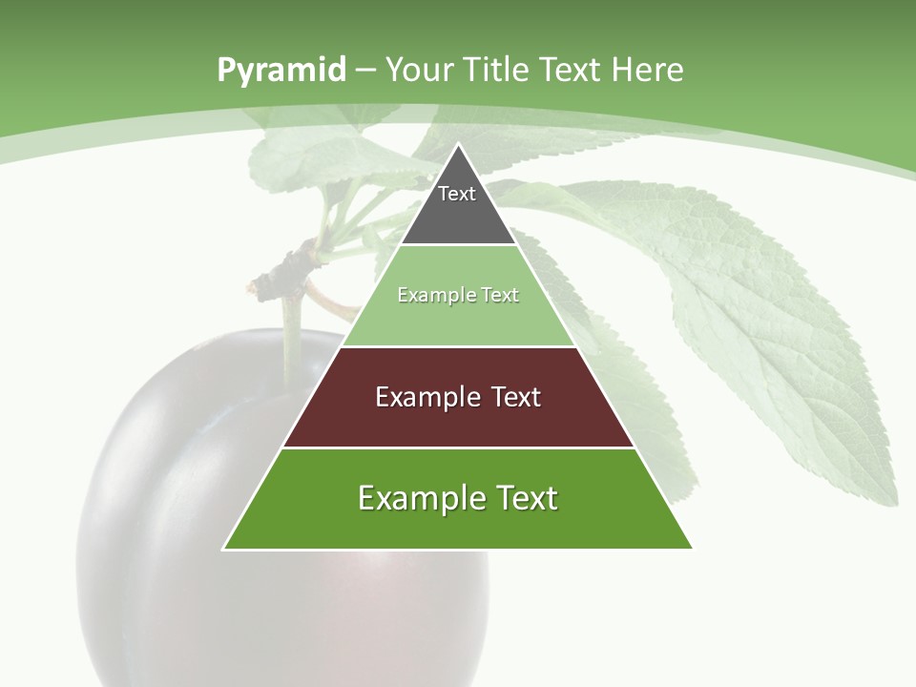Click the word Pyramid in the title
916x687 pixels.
tap(281, 71)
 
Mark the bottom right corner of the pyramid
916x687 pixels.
tap(691, 548)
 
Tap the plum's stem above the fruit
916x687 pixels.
tap(292, 334)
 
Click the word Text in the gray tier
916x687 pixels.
tap(457, 194)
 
